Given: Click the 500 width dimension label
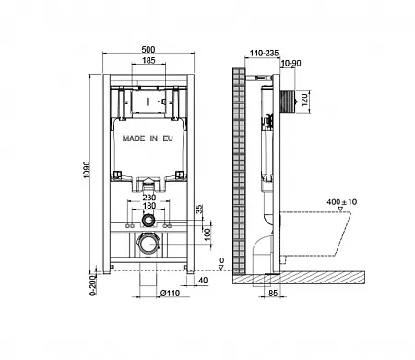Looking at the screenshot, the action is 148,49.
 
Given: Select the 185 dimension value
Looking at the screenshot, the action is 148,60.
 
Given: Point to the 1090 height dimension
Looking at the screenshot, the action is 87,169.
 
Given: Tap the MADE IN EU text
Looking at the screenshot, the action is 148,138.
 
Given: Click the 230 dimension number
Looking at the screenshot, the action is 148,198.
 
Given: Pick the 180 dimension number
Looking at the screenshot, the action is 148,205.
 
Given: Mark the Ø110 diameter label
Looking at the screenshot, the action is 170,294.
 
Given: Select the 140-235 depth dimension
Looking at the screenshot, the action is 264,53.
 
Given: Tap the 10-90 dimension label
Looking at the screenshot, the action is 290,63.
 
